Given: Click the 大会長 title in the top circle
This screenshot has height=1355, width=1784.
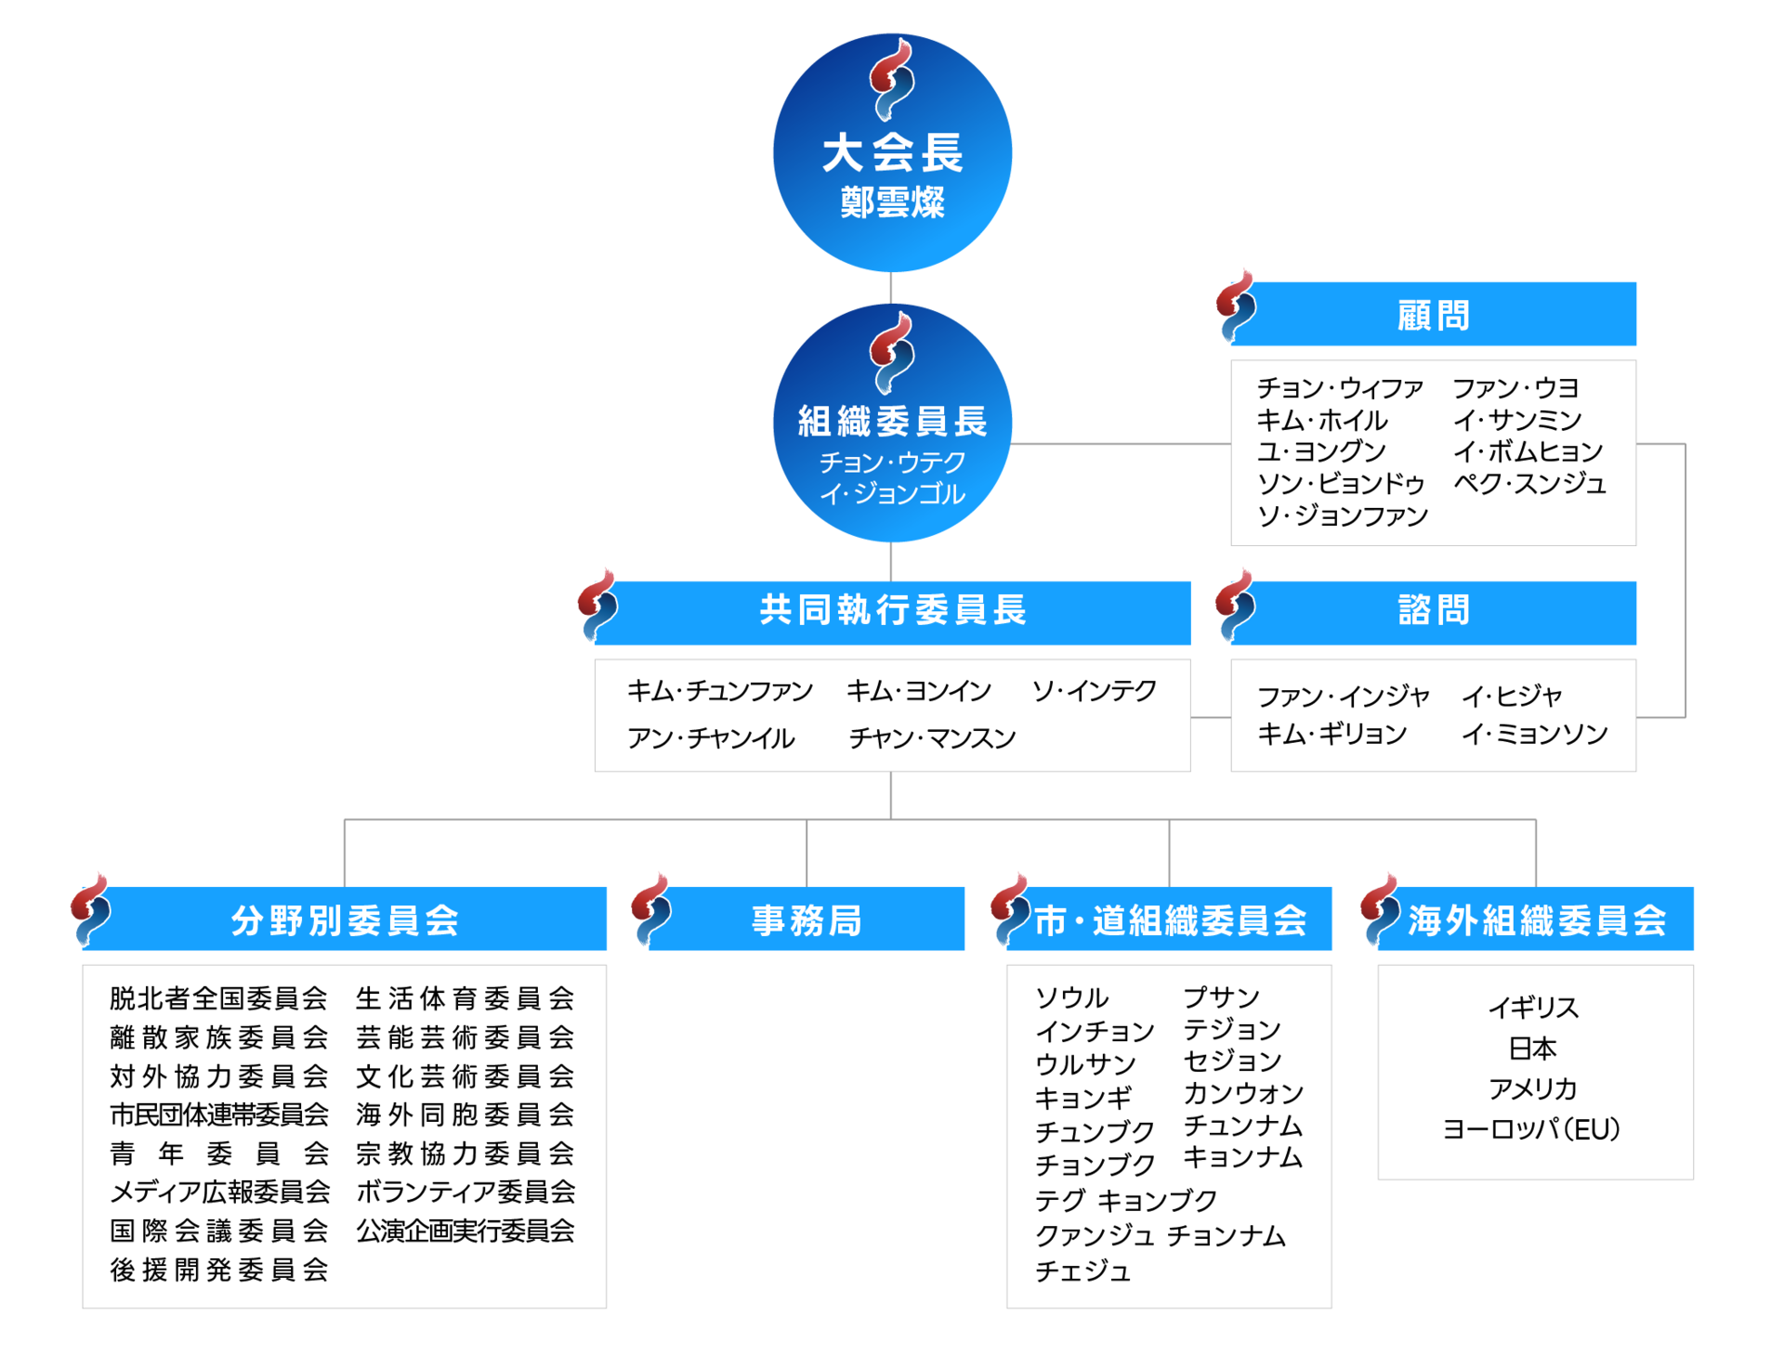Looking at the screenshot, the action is click(x=892, y=153).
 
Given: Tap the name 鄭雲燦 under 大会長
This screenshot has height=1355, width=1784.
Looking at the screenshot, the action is click(x=892, y=202).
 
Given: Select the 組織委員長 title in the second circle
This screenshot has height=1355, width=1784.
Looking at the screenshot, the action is click(x=892, y=422).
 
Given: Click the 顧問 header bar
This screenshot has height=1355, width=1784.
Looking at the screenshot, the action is click(x=1434, y=315).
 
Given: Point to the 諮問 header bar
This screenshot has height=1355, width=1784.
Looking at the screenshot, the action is click(x=1434, y=612).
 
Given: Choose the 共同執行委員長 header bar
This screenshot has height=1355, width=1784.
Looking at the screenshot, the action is click(x=892, y=612).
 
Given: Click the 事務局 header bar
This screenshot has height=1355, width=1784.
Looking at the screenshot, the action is click(x=807, y=919).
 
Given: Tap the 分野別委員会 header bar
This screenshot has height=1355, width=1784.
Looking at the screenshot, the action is click(x=345, y=919).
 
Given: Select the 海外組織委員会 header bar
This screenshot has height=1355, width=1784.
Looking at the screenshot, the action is click(x=1536, y=919).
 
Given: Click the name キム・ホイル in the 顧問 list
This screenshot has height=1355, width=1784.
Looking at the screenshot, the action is click(x=1322, y=421).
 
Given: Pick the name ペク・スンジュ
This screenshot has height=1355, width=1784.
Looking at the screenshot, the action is click(x=1530, y=484).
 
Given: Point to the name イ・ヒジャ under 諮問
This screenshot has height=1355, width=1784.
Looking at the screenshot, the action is click(x=1513, y=696).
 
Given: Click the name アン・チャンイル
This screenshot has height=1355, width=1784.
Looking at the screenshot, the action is click(x=711, y=738).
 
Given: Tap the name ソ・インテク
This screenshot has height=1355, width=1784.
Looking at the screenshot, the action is click(x=1094, y=690).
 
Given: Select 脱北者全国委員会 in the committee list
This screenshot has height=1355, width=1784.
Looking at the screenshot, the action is click(x=218, y=998).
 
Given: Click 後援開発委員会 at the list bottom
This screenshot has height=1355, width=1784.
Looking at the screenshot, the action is click(x=218, y=1270).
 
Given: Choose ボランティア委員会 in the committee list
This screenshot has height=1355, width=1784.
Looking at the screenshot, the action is click(x=466, y=1192).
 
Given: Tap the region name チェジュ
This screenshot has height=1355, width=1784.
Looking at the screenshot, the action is click(x=1082, y=1270).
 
